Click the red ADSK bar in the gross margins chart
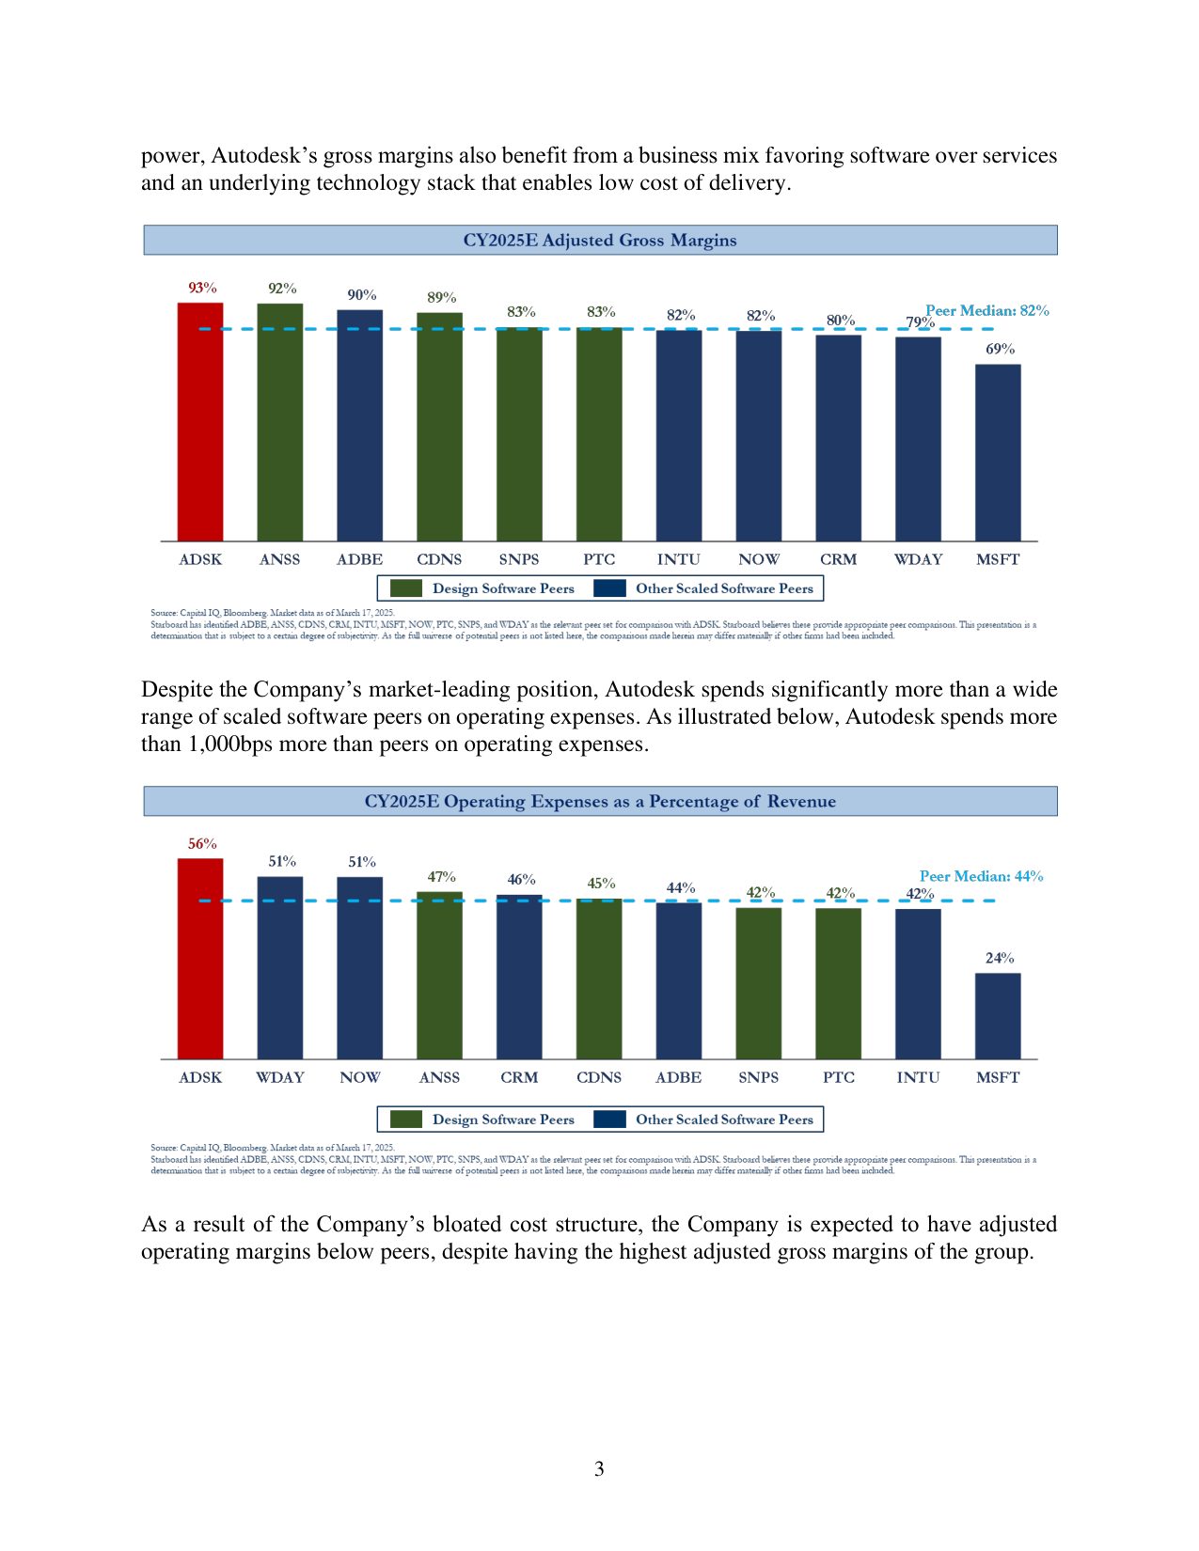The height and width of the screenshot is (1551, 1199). point(200,422)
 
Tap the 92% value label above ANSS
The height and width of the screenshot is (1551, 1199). point(282,289)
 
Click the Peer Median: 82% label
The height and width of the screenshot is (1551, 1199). point(986,310)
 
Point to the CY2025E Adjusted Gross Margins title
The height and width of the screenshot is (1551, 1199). point(600,241)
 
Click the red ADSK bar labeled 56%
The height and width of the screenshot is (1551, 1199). point(200,959)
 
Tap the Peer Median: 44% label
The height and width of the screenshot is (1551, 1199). point(981,876)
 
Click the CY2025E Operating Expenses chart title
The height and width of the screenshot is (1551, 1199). point(600,802)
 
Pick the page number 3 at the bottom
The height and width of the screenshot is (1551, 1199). point(599,1469)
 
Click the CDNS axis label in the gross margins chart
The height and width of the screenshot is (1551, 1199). point(439,559)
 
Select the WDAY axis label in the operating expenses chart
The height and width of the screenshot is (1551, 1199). point(280,1077)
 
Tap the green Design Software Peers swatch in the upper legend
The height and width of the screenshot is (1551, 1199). point(406,588)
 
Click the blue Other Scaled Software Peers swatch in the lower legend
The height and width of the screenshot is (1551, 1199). point(610,1119)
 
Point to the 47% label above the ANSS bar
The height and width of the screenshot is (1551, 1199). point(441,877)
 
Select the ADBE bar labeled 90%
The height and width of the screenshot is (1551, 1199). point(360,425)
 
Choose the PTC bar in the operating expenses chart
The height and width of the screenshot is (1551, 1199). point(838,983)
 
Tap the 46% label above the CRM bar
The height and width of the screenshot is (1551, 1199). point(521,880)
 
